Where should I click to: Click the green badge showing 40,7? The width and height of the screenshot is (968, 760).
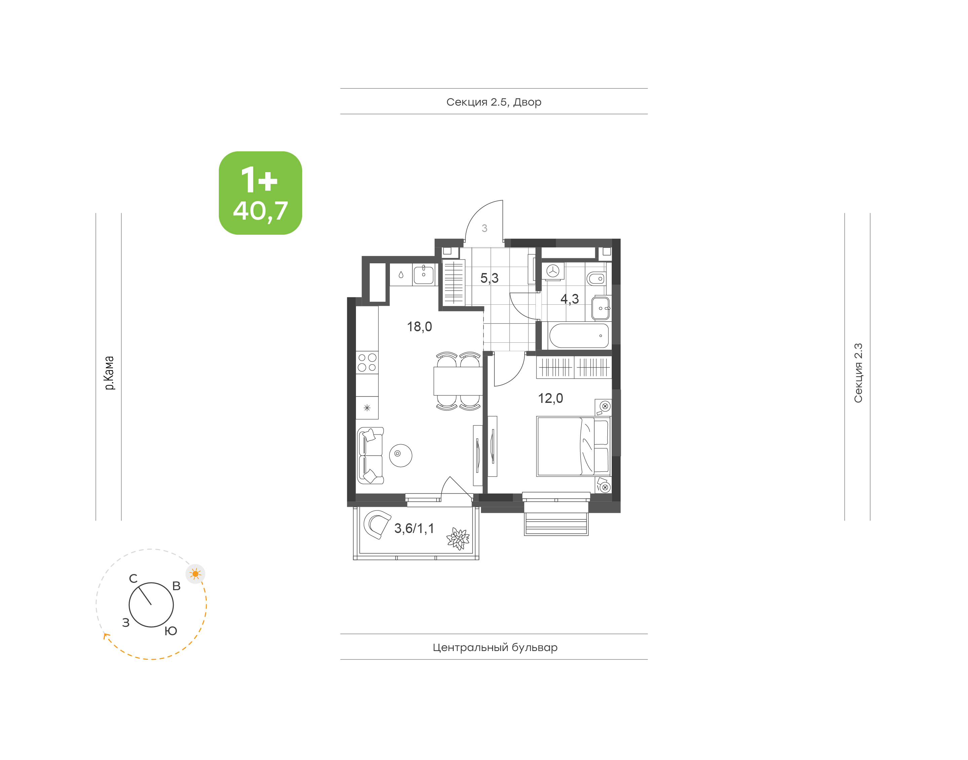[260, 193]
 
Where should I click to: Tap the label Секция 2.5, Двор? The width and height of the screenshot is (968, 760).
[493, 102]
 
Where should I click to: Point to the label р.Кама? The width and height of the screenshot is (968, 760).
[109, 373]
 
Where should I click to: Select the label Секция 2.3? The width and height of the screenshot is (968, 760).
[858, 373]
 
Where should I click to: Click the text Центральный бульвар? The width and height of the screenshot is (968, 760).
[495, 647]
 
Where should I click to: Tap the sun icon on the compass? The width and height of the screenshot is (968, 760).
[195, 574]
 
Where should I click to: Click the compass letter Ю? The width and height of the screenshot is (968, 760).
[171, 631]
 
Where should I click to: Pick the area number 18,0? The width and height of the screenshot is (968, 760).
[419, 327]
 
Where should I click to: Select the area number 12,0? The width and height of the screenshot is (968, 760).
[551, 398]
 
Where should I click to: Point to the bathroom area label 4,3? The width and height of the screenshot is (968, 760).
[570, 299]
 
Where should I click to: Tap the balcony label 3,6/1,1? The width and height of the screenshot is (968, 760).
[414, 528]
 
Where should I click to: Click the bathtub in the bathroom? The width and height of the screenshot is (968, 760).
[578, 336]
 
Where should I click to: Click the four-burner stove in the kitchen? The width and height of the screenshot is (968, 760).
[367, 362]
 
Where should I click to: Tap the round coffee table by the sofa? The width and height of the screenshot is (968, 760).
[401, 455]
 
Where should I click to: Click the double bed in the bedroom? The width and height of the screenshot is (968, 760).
[574, 446]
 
